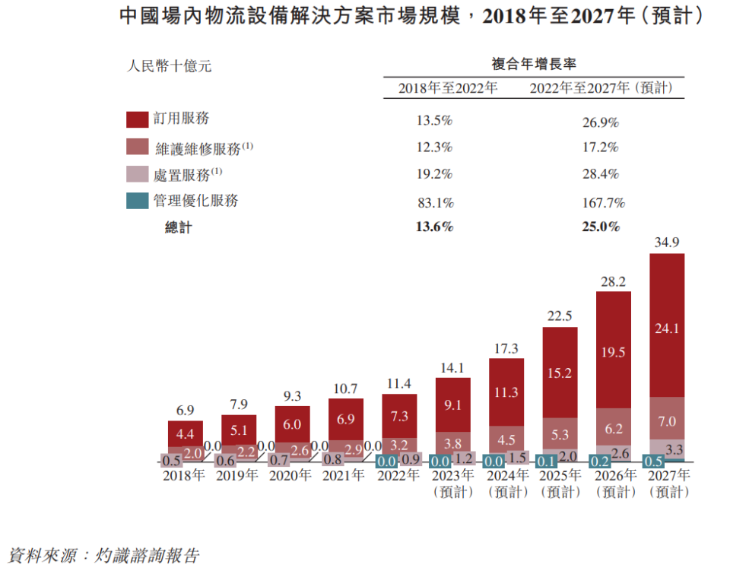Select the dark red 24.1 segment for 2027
[x=667, y=328]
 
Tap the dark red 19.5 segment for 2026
[x=613, y=352]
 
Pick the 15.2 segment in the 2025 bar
[x=560, y=374]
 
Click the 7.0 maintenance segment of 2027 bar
[x=667, y=421]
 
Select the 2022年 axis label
[x=398, y=476]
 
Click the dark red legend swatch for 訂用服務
[x=137, y=119]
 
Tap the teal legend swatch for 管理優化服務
[x=137, y=201]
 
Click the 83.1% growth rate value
[x=435, y=203]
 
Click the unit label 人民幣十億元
[x=169, y=66]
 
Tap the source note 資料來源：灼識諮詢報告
[x=103, y=555]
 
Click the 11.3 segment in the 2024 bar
[x=506, y=392]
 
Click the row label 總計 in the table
[x=179, y=227]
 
